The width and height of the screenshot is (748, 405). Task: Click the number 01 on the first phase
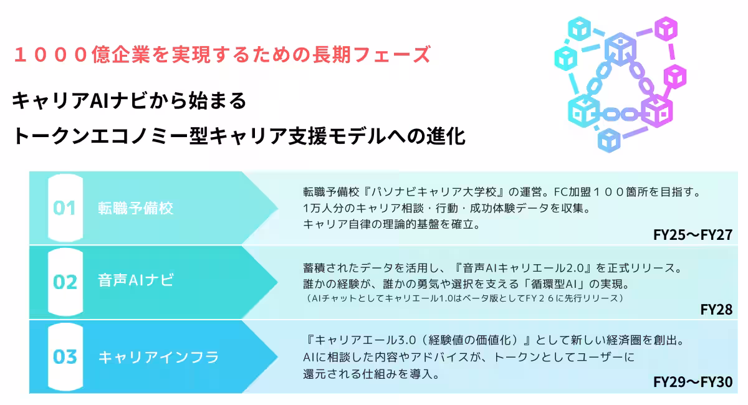tap(64, 208)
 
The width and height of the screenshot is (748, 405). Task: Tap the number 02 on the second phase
tap(65, 282)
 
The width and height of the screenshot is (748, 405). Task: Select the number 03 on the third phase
tap(65, 356)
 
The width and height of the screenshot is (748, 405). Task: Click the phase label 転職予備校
tap(136, 208)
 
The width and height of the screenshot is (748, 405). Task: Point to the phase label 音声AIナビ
tap(136, 280)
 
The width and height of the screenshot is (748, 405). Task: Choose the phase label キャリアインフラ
tap(158, 357)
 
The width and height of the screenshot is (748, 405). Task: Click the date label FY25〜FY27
tap(693, 235)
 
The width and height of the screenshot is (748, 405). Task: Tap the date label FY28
tap(716, 310)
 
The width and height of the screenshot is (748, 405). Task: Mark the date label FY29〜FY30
tap(693, 382)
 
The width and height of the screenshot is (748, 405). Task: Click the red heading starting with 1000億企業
tap(222, 54)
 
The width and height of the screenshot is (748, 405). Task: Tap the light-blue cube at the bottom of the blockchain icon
tap(609, 141)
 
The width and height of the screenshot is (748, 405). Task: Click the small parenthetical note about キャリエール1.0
tap(464, 298)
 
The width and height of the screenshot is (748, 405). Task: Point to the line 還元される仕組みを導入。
tap(372, 374)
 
